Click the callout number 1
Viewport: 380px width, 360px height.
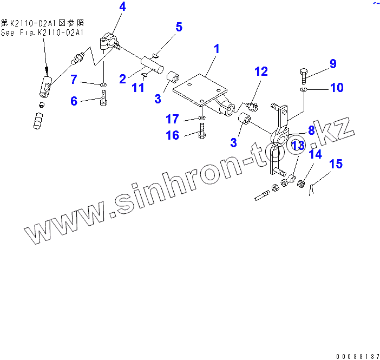click(x=217, y=49)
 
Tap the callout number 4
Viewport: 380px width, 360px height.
click(x=122, y=7)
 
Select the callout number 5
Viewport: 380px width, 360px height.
click(x=179, y=27)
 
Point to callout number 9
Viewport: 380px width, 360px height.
click(x=332, y=64)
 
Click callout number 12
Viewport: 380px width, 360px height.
click(x=261, y=71)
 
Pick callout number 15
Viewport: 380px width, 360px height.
click(x=336, y=163)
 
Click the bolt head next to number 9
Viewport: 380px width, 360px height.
click(x=303, y=73)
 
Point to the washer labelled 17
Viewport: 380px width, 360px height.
click(x=201, y=118)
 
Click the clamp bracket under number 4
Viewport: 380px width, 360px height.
click(x=110, y=41)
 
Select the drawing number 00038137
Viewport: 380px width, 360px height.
click(x=358, y=356)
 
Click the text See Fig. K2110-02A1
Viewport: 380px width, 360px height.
click(x=42, y=32)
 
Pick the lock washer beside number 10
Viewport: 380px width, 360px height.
click(x=305, y=89)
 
